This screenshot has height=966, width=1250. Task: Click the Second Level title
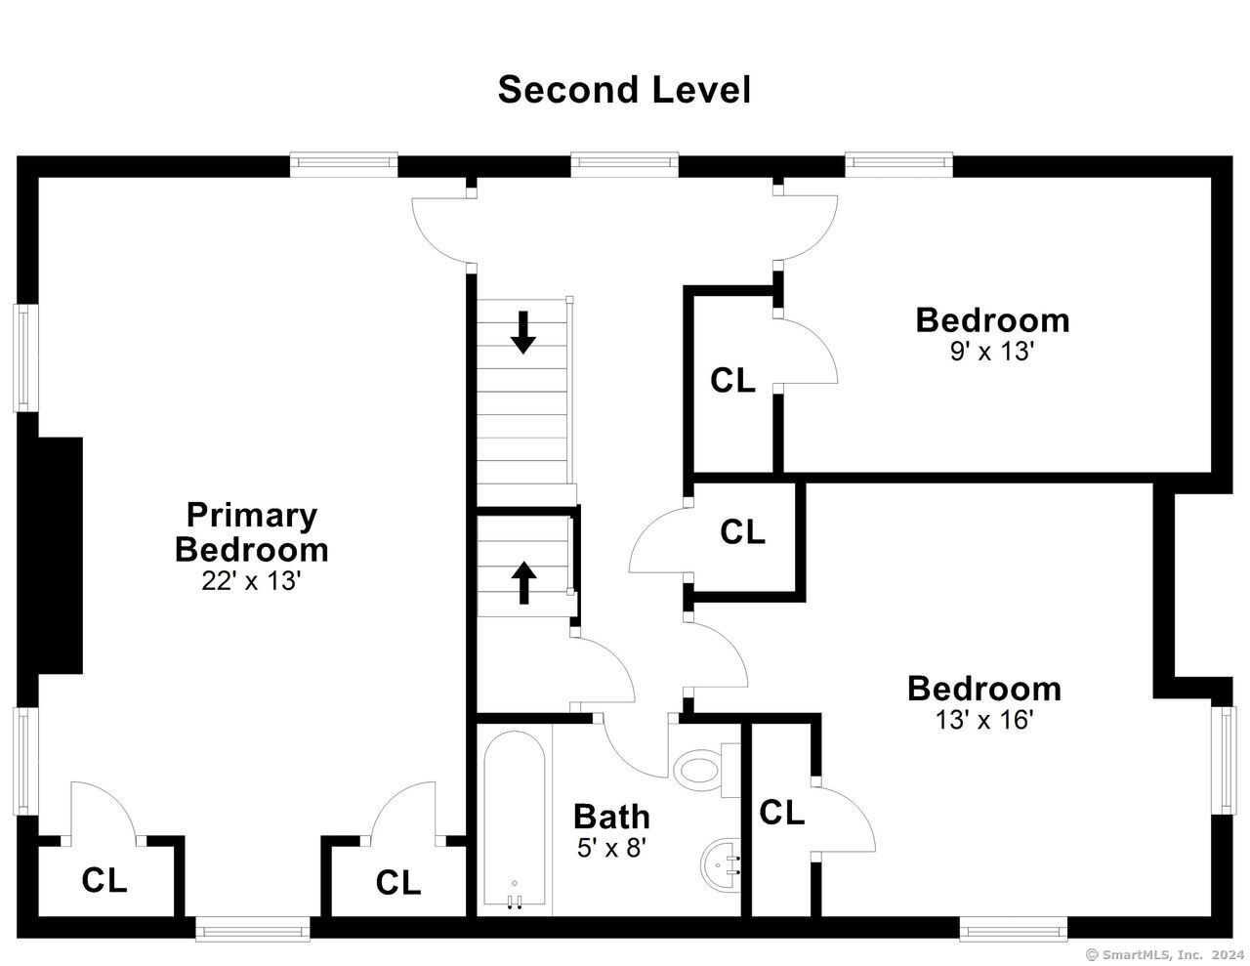coord(624,90)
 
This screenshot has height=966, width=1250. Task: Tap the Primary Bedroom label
coord(252,532)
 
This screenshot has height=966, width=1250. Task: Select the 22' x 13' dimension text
coord(252,581)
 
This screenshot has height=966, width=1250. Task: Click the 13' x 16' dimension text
coord(984,719)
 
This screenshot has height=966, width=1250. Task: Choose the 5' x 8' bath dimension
coord(612,848)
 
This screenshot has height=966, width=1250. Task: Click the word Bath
coord(611,817)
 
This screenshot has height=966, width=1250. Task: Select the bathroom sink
coord(720,864)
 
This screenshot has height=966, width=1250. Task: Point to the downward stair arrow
coord(522,332)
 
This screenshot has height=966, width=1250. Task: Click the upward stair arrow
coord(523,582)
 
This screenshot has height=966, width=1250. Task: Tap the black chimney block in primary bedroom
coord(51,555)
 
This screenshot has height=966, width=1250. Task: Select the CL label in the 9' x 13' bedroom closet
coord(732,380)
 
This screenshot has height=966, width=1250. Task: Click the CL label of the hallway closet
coord(742,531)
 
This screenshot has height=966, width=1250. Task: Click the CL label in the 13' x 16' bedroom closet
coord(781,813)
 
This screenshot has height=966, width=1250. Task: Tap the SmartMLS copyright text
coord(1167,954)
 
